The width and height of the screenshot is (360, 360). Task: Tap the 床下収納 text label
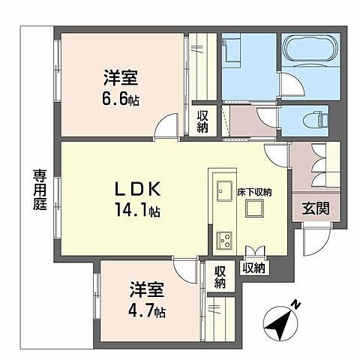[x=255, y=192]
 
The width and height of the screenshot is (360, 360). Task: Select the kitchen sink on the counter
[x=223, y=191]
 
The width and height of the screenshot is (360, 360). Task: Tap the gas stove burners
[x=224, y=239]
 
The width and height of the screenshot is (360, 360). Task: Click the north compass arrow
[x=280, y=322]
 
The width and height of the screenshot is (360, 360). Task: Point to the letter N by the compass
[x=297, y=304]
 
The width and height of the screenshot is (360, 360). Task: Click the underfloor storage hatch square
[x=253, y=211]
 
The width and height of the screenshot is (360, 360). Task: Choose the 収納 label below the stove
[x=253, y=267]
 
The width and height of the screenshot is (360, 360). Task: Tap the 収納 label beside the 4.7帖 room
[x=220, y=277]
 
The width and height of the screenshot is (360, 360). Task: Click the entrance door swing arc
[x=314, y=241]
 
